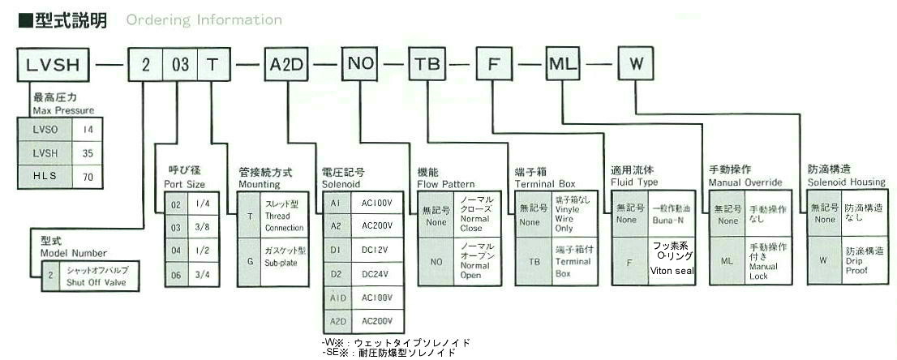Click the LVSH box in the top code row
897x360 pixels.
tap(55, 64)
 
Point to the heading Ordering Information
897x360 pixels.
tap(204, 20)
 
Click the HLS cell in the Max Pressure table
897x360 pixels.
tap(44, 175)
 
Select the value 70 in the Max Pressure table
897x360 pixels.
tap(88, 175)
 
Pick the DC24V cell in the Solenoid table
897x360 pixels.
tap(375, 275)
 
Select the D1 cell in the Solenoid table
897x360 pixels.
tap(336, 252)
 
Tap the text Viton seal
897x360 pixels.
tap(671, 270)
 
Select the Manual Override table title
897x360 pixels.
tap(746, 177)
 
